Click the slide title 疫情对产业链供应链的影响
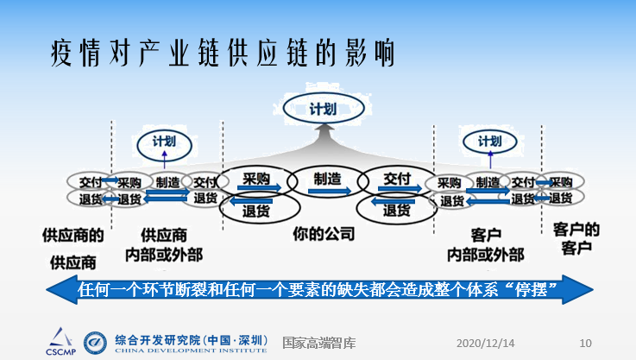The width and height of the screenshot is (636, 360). tap(223, 54)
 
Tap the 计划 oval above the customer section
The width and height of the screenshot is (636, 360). tap(488, 141)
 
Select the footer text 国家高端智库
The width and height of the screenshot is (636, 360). tap(317, 342)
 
